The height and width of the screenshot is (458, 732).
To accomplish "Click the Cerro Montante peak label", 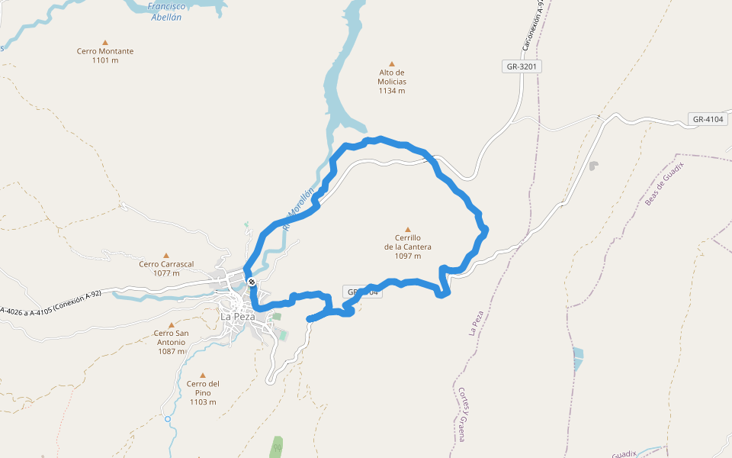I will coord(105,56).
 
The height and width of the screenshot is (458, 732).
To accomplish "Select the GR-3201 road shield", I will coord(522,66).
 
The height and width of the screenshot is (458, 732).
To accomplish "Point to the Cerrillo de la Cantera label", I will coord(408,247).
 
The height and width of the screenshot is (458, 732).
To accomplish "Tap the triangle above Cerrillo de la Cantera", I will coord(408,229).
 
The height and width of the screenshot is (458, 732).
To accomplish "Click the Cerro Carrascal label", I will coord(166,268).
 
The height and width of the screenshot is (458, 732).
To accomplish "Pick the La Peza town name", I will coord(238,317).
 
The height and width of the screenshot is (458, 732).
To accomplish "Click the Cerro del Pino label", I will coord(203,393).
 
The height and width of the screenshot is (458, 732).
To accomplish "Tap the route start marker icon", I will coord(252,282).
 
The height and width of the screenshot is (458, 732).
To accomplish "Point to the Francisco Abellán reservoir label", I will coord(165,11).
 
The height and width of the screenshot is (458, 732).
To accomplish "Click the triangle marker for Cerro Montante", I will coord(105,43).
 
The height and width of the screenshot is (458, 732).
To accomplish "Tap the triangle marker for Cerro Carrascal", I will coord(166,256).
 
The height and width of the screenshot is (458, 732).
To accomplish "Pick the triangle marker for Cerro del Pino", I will coord(203,375).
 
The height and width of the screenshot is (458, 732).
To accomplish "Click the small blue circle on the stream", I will coord(167,419).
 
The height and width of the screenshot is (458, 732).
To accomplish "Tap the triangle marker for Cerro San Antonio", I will coord(171,325).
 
